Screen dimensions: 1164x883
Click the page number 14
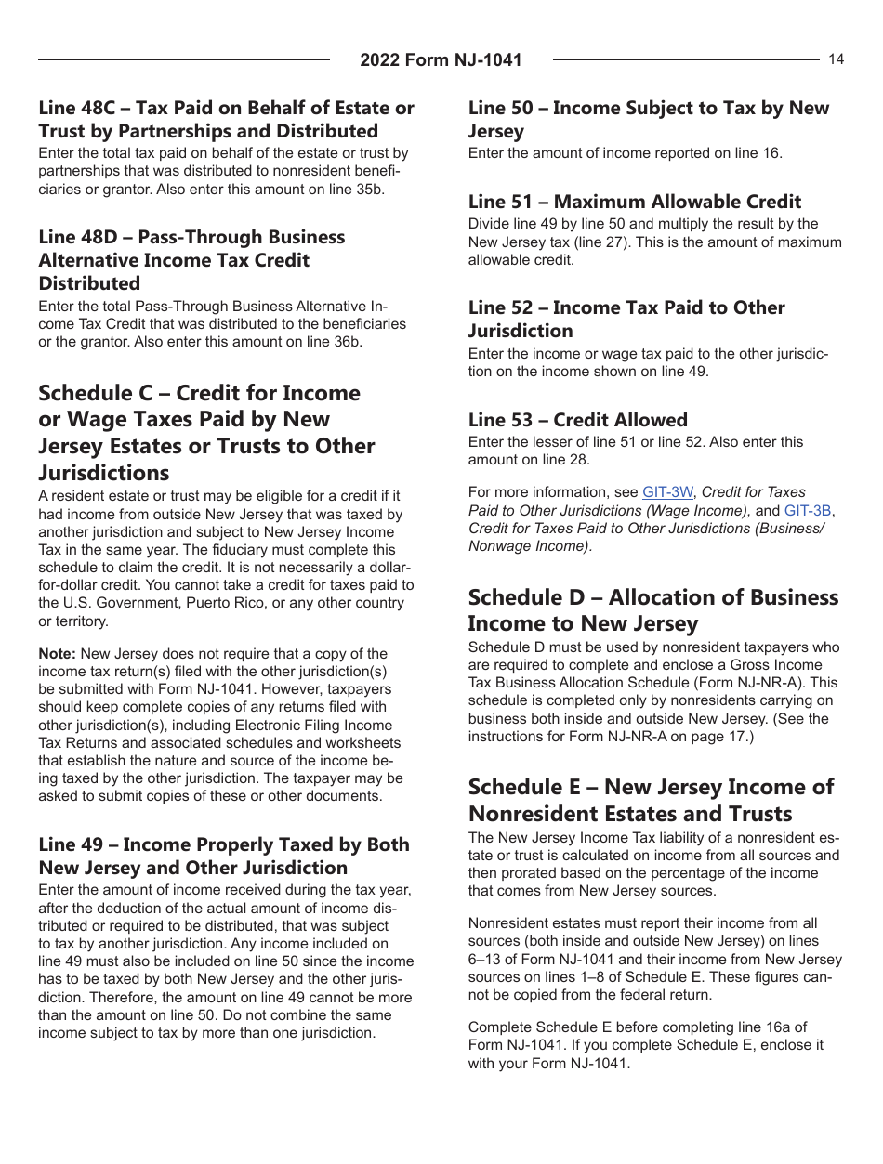(836, 59)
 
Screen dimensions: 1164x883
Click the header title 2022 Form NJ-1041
(441, 60)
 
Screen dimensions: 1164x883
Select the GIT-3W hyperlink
(667, 492)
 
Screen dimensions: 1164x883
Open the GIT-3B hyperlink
(808, 510)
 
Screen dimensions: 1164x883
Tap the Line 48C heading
(226, 119)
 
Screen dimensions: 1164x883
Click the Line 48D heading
(191, 260)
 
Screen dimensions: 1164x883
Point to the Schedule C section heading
(206, 433)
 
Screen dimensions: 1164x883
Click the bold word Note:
(58, 654)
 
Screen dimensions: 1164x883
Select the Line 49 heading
(223, 856)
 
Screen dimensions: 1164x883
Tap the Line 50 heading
(648, 119)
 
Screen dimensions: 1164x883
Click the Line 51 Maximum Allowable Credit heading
(634, 202)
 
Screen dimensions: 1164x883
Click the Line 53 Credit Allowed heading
(577, 420)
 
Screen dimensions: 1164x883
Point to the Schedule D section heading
(652, 609)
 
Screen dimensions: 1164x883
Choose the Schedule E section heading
(651, 800)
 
